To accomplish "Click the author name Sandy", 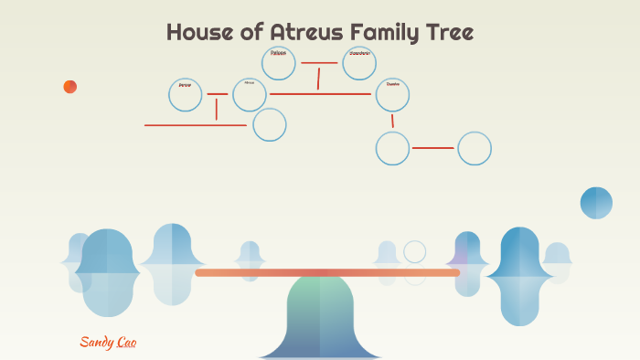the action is click(x=95, y=342).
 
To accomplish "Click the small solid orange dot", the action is click(x=70, y=87).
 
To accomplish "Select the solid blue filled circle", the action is click(x=596, y=203).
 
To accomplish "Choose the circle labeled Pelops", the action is click(x=279, y=63).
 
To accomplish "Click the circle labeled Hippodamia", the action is click(x=359, y=63).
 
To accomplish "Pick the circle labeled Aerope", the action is click(x=186, y=95).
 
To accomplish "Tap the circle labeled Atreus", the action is click(x=249, y=94).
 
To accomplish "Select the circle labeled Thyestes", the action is click(x=392, y=94).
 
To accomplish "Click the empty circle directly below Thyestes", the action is click(x=392, y=148).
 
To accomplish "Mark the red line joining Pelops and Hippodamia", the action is click(x=319, y=63).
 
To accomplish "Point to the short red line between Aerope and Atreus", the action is click(x=217, y=94).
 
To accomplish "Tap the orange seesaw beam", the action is click(x=327, y=272).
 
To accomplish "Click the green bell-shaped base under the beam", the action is click(x=320, y=315).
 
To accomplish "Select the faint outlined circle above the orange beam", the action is click(x=415, y=251).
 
